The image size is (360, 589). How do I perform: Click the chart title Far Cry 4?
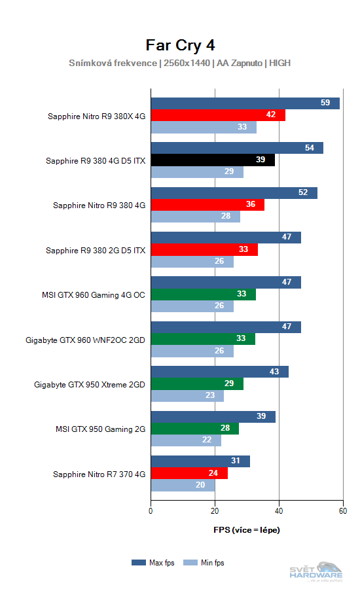(180, 45)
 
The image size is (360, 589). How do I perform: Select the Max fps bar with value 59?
(245, 103)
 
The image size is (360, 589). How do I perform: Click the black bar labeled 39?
(213, 160)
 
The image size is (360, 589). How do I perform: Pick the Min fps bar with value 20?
(183, 486)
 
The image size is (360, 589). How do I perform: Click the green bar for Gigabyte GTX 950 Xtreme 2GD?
(197, 384)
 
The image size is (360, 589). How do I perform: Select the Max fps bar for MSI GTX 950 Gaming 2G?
(213, 417)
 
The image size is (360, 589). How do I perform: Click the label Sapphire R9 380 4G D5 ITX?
(96, 160)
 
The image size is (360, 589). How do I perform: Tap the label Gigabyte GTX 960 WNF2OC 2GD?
(85, 340)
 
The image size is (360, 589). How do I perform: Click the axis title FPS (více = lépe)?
(246, 529)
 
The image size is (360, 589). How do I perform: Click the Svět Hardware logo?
(321, 571)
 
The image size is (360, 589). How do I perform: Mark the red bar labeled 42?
(218, 115)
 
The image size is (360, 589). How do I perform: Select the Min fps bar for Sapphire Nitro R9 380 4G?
(196, 217)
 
